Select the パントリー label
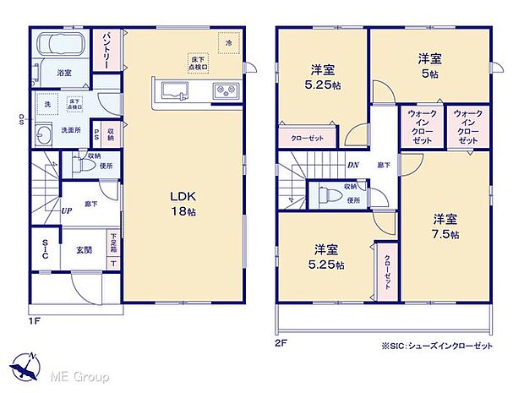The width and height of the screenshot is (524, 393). pos(110,50)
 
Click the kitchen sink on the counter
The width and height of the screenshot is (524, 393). pos(173,90)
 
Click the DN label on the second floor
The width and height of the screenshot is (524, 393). pos(353,166)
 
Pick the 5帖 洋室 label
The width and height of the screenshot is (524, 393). pos(428,67)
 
